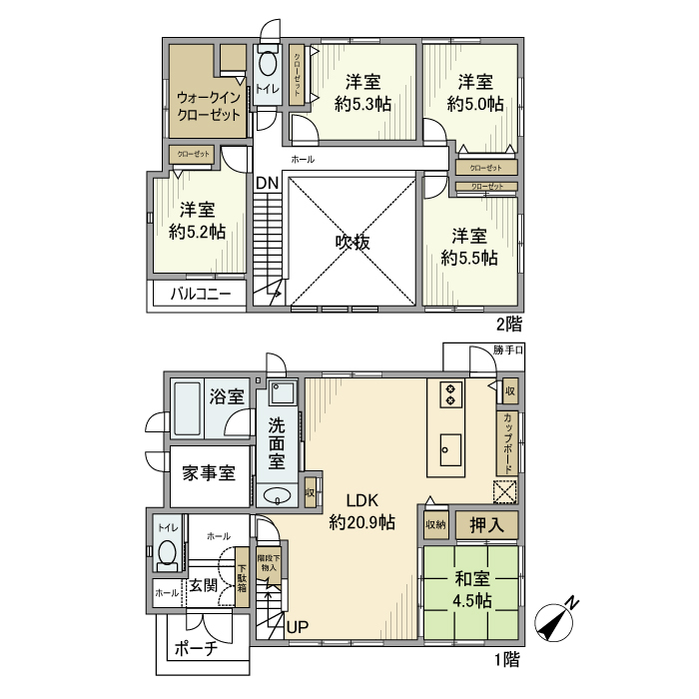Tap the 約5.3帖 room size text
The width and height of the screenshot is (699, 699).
[362, 104]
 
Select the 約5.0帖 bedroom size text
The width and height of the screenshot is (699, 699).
[474, 104]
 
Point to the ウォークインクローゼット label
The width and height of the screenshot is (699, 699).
[208, 106]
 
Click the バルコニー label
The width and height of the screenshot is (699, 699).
[200, 295]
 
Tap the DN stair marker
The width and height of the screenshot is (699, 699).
[267, 183]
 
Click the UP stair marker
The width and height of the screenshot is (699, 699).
[298, 627]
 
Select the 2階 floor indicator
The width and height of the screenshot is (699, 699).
[509, 324]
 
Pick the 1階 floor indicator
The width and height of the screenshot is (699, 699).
[506, 659]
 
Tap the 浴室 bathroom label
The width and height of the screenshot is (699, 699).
[227, 396]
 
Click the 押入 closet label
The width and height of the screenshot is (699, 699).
[486, 523]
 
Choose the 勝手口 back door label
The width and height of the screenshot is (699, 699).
[508, 350]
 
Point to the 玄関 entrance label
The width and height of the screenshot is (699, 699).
[203, 585]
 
